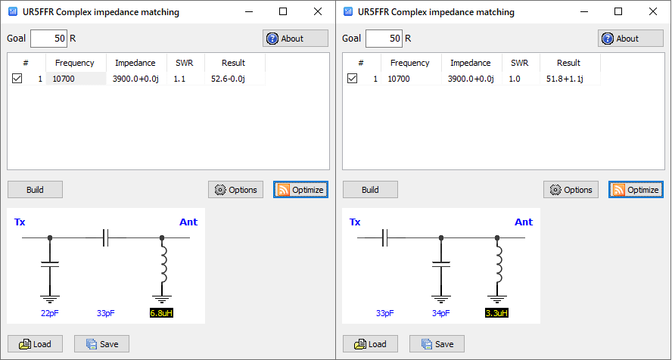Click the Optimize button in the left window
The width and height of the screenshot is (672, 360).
tap(300, 190)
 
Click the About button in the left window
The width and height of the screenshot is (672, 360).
tap(295, 39)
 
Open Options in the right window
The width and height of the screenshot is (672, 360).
tap(571, 190)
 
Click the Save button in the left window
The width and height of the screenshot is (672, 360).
tap(101, 344)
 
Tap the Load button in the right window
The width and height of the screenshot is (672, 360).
tap(370, 344)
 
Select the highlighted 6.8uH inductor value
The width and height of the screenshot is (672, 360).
tap(162, 313)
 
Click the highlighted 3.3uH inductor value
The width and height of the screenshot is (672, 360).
tap(496, 313)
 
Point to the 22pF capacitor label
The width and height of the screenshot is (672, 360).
tap(50, 313)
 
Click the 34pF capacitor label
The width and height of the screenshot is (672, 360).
tap(440, 313)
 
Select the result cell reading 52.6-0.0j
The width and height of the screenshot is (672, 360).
tap(228, 78)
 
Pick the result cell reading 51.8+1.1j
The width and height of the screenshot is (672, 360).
tap(563, 78)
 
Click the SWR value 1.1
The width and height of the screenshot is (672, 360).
tap(179, 78)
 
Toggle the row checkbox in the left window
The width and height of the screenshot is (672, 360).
tap(17, 78)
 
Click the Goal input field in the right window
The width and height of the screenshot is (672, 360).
tap(384, 39)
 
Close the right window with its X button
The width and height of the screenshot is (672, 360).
tap(653, 12)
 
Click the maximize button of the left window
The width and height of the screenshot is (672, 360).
tap(283, 12)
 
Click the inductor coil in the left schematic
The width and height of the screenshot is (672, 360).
tap(162, 265)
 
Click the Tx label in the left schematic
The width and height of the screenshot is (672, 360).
tap(20, 222)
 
